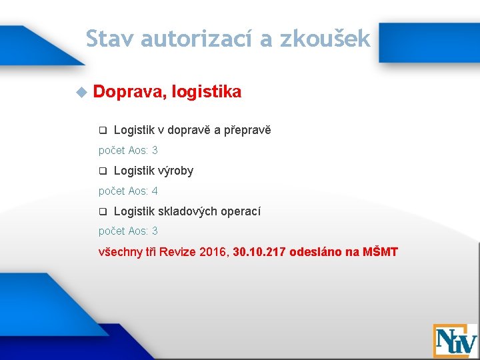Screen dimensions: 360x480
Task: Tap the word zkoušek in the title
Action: [x=325, y=39]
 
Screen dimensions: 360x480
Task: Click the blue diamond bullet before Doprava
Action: [x=81, y=92]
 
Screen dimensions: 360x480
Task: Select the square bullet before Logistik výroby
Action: [x=103, y=171]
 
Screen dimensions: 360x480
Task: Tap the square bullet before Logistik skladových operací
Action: [x=103, y=211]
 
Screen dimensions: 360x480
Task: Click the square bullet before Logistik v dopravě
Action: [x=103, y=130]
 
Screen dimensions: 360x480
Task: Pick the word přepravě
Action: [x=249, y=130]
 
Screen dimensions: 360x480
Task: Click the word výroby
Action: [x=175, y=171]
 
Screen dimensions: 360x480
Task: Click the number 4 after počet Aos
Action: [x=155, y=191]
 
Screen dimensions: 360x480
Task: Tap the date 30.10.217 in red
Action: [x=260, y=252]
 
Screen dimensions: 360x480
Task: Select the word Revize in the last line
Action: [x=177, y=252]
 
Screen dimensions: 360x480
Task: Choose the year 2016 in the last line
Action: [x=214, y=252]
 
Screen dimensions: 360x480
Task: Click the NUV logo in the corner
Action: [x=455, y=341]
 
